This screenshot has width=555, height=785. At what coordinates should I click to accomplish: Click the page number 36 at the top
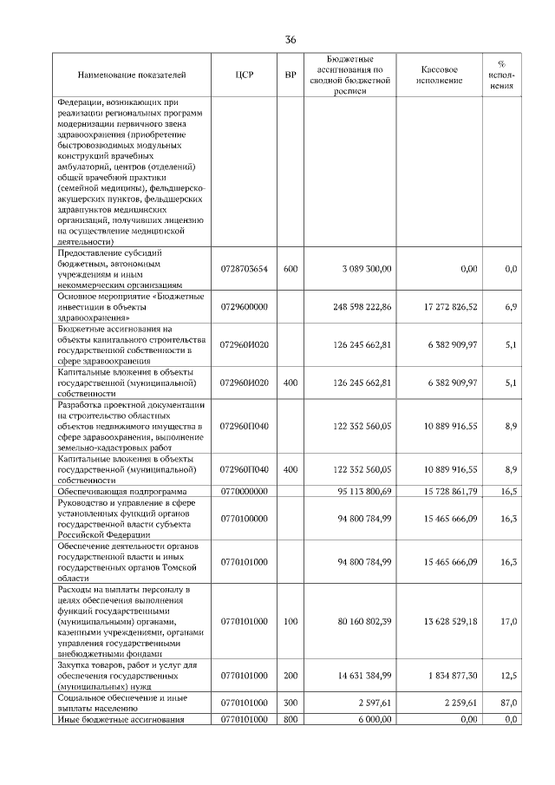(291, 40)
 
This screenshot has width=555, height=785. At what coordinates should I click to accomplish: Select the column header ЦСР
(244, 76)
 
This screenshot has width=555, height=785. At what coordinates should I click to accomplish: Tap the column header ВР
(291, 76)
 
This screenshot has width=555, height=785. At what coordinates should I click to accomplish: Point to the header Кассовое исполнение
(439, 76)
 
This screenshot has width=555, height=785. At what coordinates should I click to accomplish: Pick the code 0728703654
(244, 269)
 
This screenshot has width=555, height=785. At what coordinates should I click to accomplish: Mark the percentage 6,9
(511, 307)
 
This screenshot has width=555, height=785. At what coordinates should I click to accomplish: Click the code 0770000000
(244, 491)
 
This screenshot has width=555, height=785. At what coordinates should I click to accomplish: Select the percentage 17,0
(510, 621)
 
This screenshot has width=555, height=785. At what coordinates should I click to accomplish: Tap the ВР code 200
(291, 675)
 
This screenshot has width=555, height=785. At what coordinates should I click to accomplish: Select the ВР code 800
(291, 720)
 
